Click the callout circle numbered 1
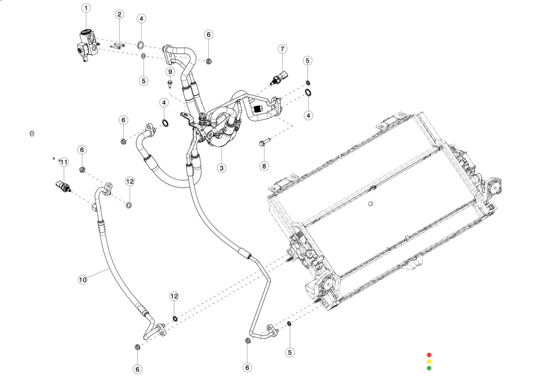(86, 8)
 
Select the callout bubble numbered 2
(119, 14)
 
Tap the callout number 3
(222, 168)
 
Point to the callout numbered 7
(282, 49)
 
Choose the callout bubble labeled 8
(264, 166)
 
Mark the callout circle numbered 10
(82, 280)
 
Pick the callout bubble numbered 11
(64, 162)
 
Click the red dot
(429, 355)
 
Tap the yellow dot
(429, 361)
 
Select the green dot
(429, 368)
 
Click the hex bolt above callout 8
(264, 144)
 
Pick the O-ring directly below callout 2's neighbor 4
(141, 45)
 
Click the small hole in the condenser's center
(371, 203)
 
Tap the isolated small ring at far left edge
(32, 134)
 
